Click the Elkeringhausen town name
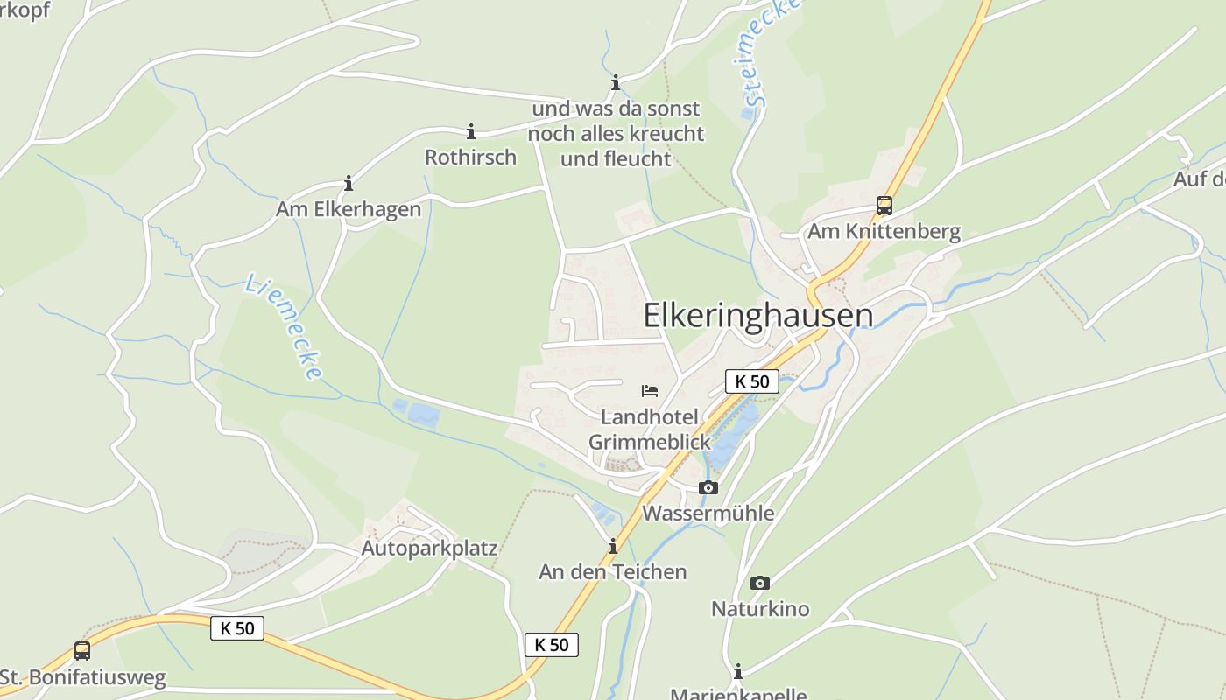[758, 316]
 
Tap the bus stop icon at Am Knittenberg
[884, 206]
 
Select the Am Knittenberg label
[884, 232]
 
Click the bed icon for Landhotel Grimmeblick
[650, 390]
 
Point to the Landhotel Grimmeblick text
[649, 429]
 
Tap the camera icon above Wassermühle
[708, 487]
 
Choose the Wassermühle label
[708, 513]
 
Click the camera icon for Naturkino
[760, 583]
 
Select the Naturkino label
[760, 608]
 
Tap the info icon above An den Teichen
[612, 547]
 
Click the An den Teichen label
[612, 572]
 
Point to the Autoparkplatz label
[429, 549]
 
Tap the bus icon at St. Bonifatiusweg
[82, 651]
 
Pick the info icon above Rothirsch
[471, 132]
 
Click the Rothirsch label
[470, 157]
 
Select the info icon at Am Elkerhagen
[349, 184]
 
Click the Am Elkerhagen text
[349, 209]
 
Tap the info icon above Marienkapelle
[738, 671]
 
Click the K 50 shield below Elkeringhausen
[752, 381]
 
